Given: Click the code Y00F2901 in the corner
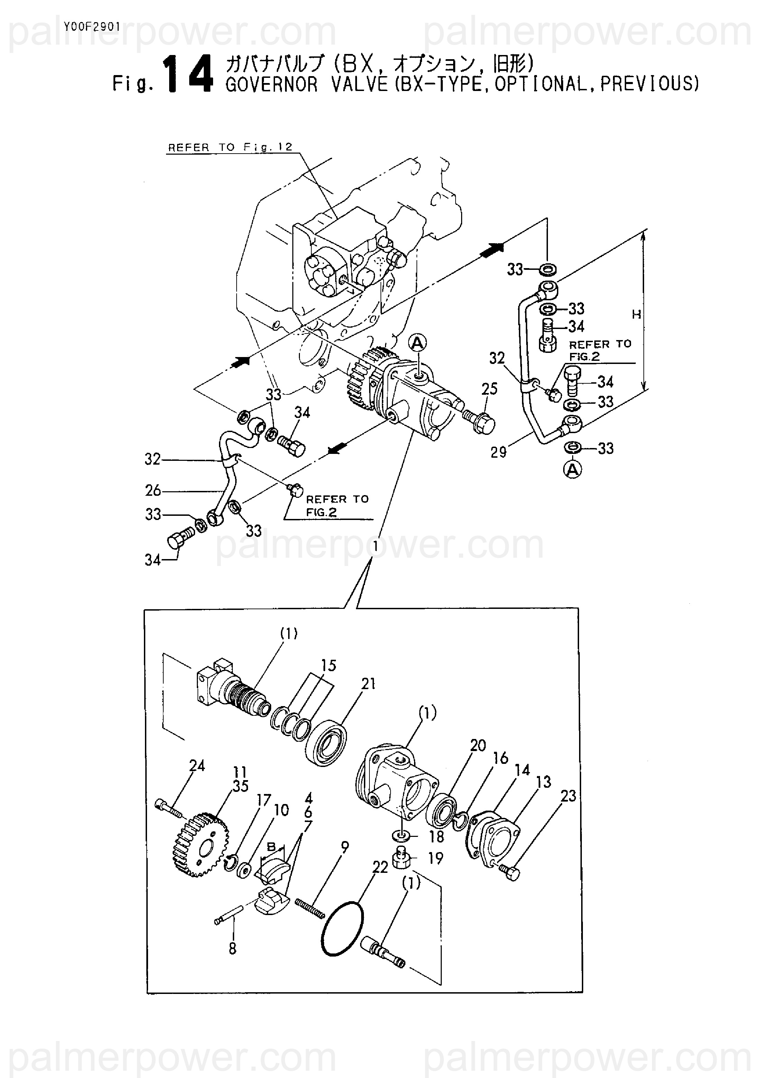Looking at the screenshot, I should coord(92,27).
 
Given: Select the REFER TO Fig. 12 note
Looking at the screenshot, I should coord(230,147).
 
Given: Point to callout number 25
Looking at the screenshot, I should coord(489,389).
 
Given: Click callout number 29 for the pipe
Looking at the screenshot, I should coord(498,452).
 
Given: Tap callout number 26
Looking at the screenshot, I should coord(153,491).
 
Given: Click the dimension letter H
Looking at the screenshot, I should coord(636,314).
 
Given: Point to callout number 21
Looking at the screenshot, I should coord(368,684).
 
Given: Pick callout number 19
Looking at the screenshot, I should coord(436,858).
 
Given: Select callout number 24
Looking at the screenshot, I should coord(197,766).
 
